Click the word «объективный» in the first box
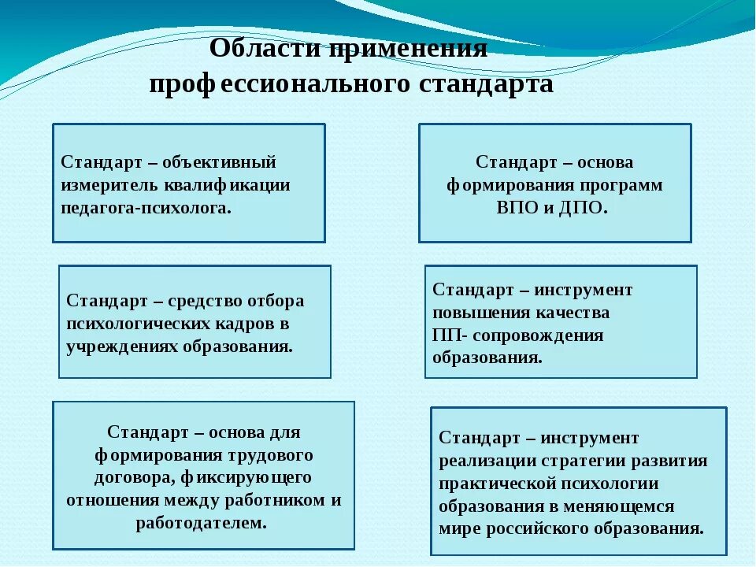pos(220,162)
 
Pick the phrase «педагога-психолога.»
pos(146,208)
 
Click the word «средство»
pos(205,301)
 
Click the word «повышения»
pos(476,313)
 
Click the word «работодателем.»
pos(202,523)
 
